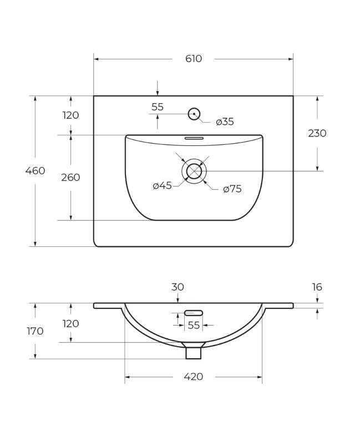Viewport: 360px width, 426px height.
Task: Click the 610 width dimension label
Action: tap(194, 58)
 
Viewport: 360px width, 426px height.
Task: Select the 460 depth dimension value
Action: tap(35, 171)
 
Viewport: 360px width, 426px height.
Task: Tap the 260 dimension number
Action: tap(70, 177)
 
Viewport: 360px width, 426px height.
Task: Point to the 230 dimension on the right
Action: tap(317, 133)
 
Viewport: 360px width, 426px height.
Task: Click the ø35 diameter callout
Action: tap(225, 122)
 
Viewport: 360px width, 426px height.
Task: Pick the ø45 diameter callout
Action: tap(163, 186)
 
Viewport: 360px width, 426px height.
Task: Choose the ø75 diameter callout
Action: tap(232, 189)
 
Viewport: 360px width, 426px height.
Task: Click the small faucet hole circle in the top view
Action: tap(194, 114)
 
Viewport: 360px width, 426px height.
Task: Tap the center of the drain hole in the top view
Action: tap(194, 171)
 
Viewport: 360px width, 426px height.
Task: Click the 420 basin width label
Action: tap(193, 377)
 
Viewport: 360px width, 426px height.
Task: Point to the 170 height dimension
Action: tap(35, 331)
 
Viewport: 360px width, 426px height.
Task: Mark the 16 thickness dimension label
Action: tap(317, 287)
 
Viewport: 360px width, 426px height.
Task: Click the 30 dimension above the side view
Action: tap(178, 287)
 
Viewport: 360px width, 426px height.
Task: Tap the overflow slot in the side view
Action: tap(194, 313)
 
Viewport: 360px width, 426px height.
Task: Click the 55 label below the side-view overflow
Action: tap(194, 326)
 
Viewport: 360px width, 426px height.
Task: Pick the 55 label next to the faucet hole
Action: tap(158, 107)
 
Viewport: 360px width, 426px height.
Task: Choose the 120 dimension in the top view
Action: tap(70, 115)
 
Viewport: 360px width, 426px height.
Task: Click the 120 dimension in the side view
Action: tap(70, 323)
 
